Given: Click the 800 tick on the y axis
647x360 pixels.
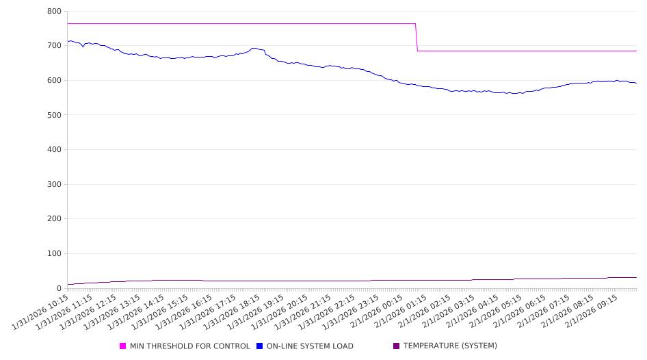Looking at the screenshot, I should (55, 12).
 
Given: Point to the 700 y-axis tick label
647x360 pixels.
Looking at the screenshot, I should (55, 46).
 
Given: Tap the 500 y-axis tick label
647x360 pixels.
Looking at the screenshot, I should (55, 115).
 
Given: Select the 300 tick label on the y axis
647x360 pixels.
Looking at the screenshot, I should (55, 185).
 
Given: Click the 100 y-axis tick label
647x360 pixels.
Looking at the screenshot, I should (55, 254).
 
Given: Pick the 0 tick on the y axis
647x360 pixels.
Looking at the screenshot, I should (59, 288).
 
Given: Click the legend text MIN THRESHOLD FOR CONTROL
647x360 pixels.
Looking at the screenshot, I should (189, 346).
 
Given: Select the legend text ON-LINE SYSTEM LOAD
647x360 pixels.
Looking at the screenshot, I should (310, 346).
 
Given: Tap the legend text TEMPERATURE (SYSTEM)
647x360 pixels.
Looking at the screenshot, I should (450, 346).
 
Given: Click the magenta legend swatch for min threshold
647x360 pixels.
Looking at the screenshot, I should (123, 346).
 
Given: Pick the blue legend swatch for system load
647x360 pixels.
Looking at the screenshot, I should (260, 346).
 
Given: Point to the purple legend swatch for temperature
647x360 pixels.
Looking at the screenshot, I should (397, 346).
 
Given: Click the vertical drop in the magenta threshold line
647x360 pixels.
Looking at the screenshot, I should (417, 38).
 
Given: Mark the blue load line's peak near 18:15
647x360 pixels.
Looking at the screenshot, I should (254, 48).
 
